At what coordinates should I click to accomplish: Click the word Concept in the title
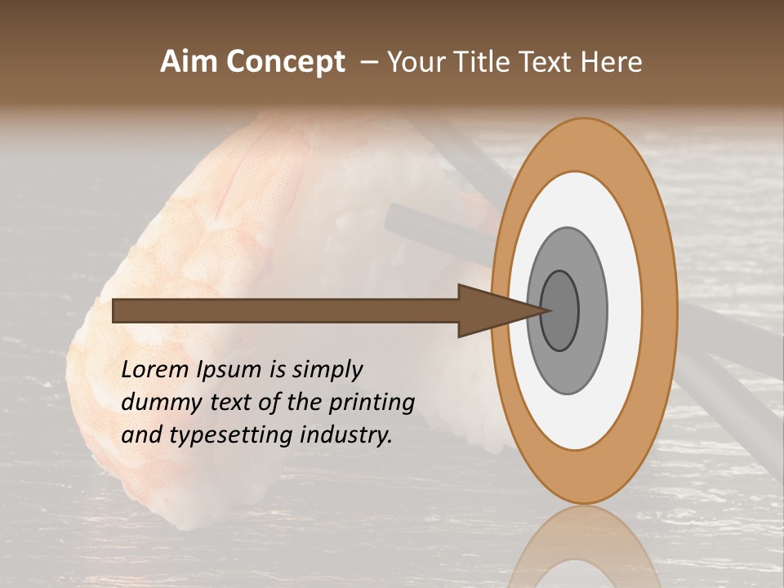285,62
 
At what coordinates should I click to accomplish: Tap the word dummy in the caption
154,402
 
